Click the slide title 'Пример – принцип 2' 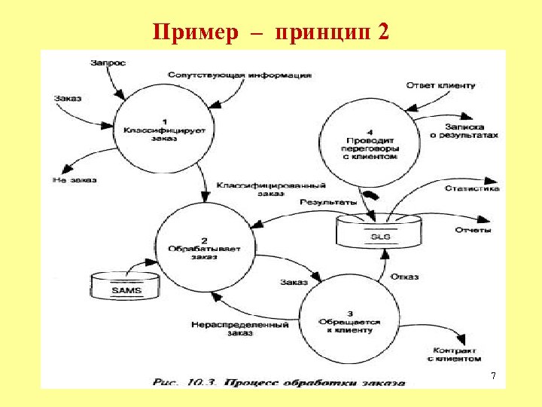[270, 32]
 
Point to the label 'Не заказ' [75, 180]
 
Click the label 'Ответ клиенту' [440, 85]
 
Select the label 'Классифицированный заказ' [270, 189]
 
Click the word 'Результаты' [327, 202]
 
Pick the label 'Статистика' [471, 188]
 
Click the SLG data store [380, 231]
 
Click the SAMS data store [126, 286]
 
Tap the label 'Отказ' [404, 277]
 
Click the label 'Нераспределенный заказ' [239, 329]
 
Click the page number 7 [494, 375]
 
